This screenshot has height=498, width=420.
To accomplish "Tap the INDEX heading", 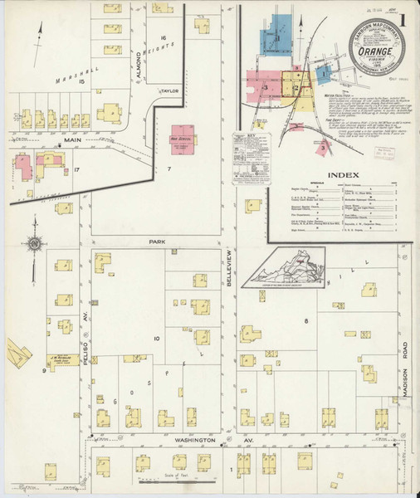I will [x=344, y=175].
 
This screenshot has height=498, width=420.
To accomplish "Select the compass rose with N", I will [x=34, y=244].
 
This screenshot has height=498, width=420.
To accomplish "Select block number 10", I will [x=156, y=339].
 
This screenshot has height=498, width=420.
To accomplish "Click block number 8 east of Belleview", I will [x=306, y=320].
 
